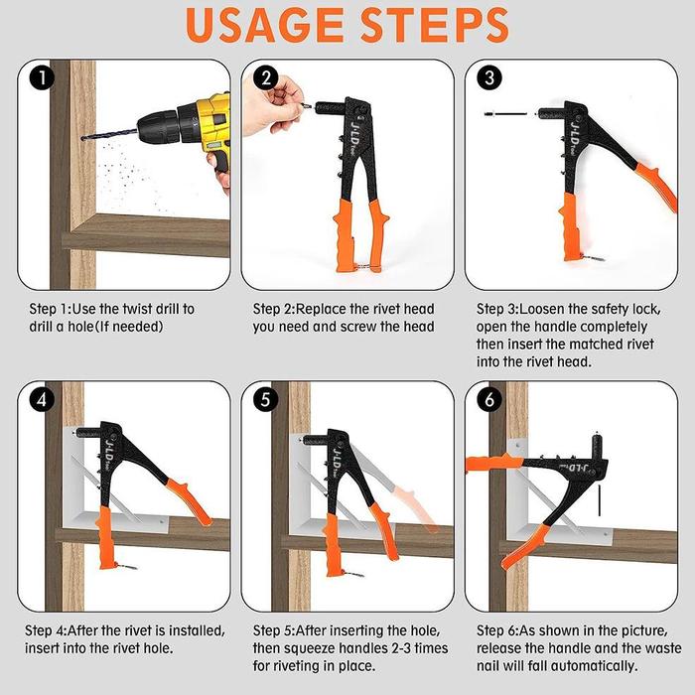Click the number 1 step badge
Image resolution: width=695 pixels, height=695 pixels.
coord(42,78)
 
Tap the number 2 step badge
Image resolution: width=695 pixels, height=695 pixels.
coord(266,78)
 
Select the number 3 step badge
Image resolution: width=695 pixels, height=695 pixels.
coord(489,78)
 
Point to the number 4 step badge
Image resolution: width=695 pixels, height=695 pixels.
coord(42,400)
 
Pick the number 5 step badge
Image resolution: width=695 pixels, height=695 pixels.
coord(265,400)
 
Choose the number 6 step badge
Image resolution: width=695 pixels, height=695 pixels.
coord(489,400)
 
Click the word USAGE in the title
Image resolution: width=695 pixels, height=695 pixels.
coord(265,25)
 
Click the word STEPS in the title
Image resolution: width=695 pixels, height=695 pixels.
coord(435,25)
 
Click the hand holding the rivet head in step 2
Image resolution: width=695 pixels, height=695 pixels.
coord(271,105)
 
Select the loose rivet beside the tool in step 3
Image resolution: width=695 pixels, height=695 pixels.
coord(505,114)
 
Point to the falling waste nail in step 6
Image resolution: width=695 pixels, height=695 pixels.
coord(600,500)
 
